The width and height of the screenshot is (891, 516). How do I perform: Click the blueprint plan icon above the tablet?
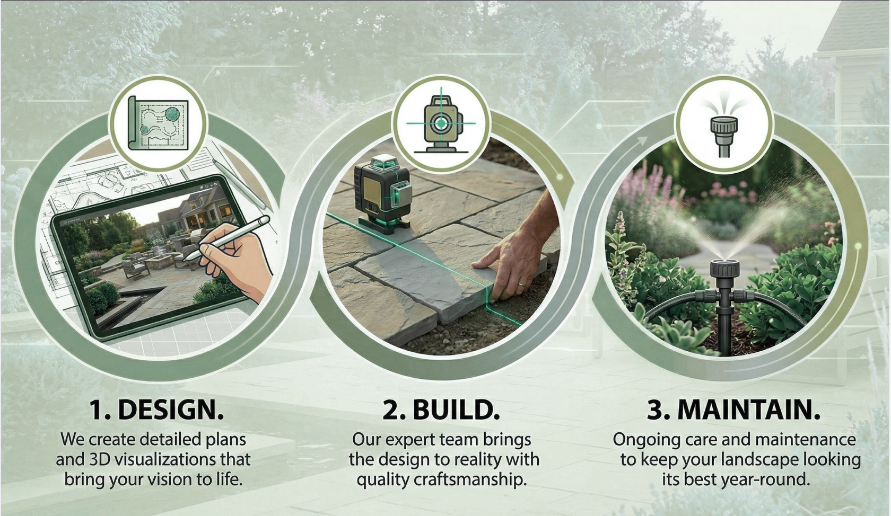(158, 123)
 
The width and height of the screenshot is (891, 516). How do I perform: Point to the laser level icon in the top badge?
(441, 123)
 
